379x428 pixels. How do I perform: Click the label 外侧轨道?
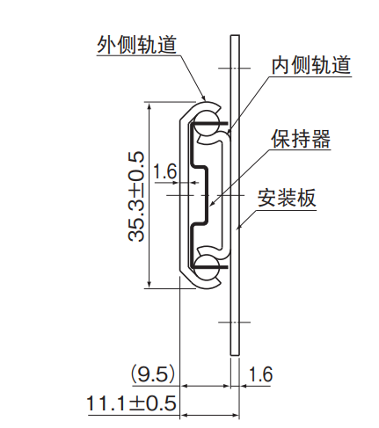click(136, 45)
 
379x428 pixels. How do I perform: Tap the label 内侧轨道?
click(311, 65)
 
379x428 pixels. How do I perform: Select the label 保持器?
click(301, 139)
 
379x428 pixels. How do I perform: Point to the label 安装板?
click(287, 198)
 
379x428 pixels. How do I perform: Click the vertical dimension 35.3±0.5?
click(136, 196)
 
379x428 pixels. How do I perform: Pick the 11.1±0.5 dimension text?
click(131, 403)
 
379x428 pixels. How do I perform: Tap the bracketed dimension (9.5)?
click(153, 374)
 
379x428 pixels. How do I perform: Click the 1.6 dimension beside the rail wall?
click(165, 171)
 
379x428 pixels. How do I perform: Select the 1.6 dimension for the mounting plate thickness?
click(260, 374)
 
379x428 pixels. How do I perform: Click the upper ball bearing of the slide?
click(208, 123)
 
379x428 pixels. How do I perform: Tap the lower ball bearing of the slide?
click(208, 267)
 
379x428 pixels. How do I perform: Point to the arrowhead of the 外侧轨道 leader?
click(204, 98)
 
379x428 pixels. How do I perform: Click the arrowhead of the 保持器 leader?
click(212, 204)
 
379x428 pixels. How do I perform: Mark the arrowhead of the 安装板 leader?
click(238, 228)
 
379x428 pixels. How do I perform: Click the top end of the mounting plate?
click(235, 35)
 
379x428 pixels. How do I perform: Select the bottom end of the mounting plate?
click(235, 355)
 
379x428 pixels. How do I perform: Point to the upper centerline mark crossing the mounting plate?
click(235, 69)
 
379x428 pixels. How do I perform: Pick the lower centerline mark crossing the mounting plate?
click(235, 323)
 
